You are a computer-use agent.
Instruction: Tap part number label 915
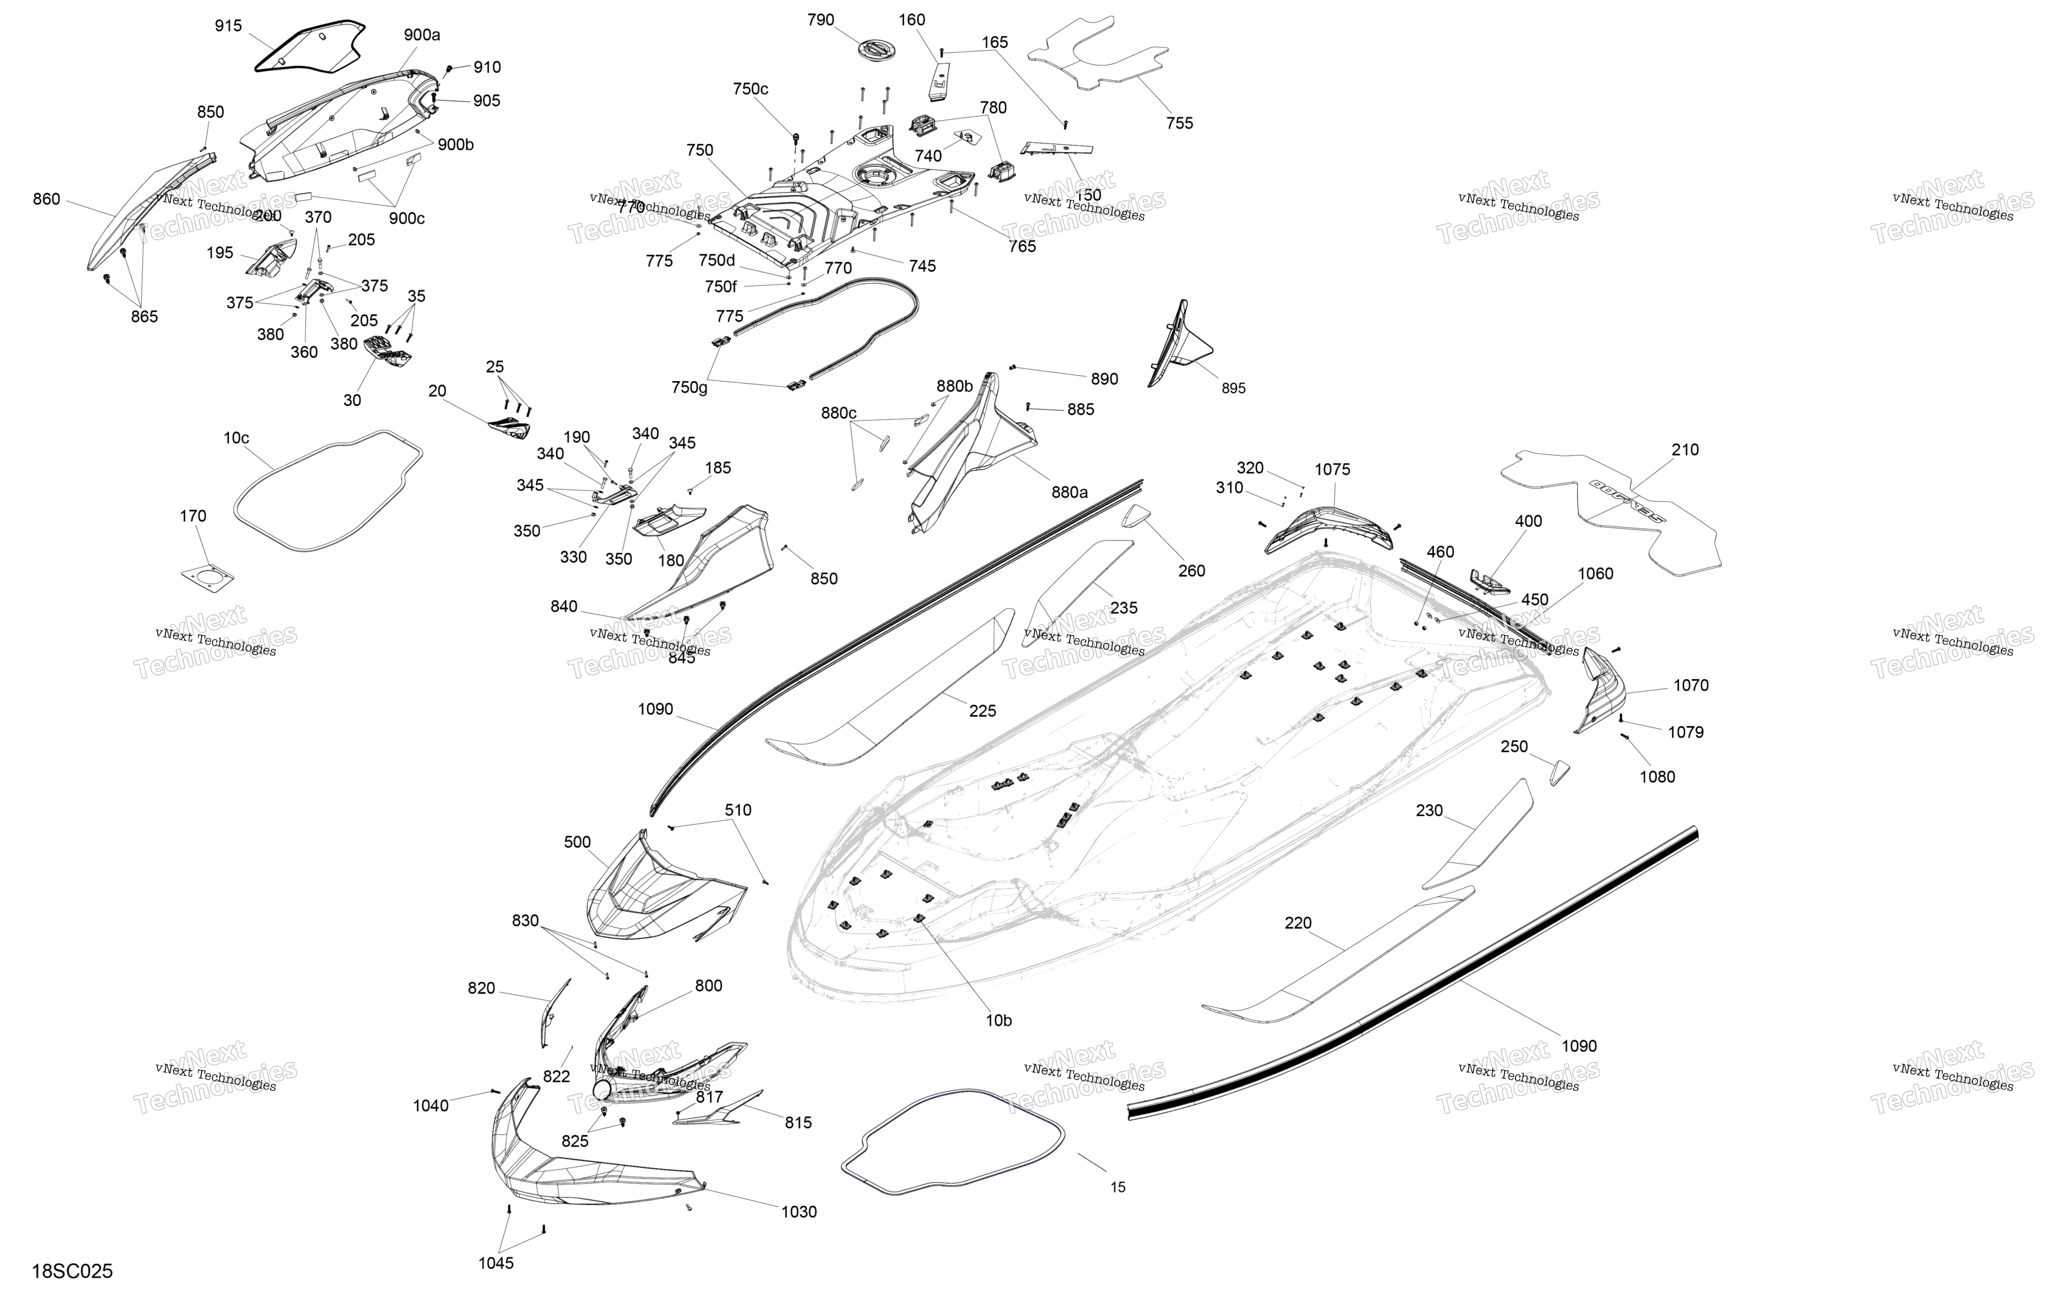coord(228,26)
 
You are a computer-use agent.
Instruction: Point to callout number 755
coord(1179,123)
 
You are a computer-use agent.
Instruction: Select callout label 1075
coord(1332,470)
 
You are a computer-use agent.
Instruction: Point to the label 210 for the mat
coord(1685,450)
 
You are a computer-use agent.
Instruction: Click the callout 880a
coord(1069,492)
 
